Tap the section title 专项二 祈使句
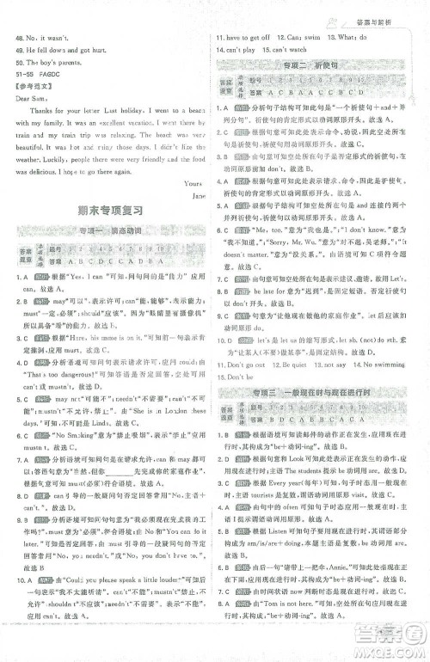click(x=314, y=64)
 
